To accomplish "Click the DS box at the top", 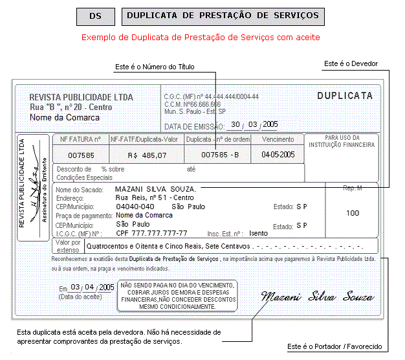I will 95,16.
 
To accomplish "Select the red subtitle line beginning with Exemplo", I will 200,38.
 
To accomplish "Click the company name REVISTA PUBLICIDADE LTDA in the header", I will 82,97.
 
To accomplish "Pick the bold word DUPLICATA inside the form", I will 345,96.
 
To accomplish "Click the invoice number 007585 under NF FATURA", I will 82,155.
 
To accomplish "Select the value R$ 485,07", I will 148,155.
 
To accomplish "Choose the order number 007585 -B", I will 220,155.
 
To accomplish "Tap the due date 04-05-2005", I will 278,155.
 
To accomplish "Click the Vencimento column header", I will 278,139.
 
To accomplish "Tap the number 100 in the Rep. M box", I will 353,213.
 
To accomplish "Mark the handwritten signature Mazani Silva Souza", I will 318,297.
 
